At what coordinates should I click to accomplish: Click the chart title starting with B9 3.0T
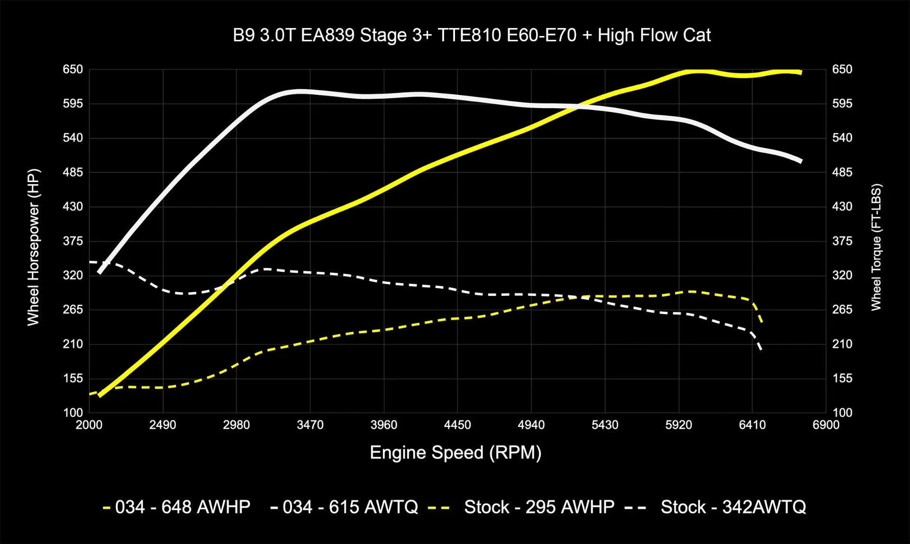[x=472, y=36]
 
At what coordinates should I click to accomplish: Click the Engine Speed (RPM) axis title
[x=455, y=452]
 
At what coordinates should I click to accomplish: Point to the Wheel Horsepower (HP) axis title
[x=33, y=247]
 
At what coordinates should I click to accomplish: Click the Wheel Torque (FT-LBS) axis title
[x=876, y=247]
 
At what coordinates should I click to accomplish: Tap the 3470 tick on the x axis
[x=310, y=425]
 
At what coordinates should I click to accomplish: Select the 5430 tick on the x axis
[x=605, y=425]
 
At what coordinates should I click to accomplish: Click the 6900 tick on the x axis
[x=826, y=425]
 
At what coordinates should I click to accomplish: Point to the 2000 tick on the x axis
[x=89, y=425]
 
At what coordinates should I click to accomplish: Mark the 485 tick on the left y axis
[x=73, y=172]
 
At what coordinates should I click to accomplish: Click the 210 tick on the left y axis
[x=73, y=344]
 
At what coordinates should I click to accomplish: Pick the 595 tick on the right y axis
[x=842, y=103]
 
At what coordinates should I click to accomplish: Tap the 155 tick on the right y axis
[x=842, y=378]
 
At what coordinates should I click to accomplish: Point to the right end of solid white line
[x=801, y=162]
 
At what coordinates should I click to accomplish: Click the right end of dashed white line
[x=761, y=350]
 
